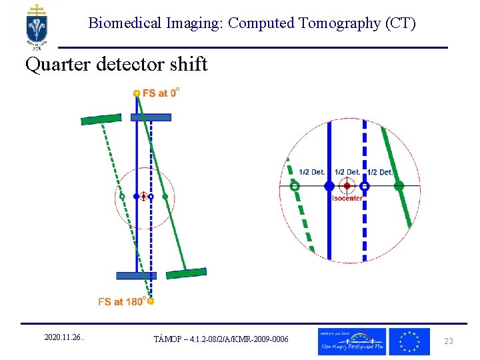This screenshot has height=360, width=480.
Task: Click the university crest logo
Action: click(37, 25)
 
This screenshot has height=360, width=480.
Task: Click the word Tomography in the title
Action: click(339, 23)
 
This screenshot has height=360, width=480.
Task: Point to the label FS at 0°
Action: click(161, 93)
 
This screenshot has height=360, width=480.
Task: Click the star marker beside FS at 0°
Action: click(137, 93)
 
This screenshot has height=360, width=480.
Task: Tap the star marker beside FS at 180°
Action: click(151, 302)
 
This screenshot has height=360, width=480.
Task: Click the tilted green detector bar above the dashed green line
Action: click(101, 119)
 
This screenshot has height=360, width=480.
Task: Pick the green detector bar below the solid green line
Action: click(186, 273)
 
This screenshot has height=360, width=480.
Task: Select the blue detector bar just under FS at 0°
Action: click(151, 117)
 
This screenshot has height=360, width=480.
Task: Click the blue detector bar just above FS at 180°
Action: click(135, 275)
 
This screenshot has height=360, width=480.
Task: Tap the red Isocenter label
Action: click(347, 198)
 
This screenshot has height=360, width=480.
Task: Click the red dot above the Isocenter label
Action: click(347, 186)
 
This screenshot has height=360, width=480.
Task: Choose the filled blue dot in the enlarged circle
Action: click(329, 187)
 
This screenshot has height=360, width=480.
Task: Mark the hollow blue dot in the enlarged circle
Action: click(365, 187)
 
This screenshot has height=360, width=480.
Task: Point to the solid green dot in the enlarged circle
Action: click(399, 187)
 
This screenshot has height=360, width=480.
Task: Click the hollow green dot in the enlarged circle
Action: click(295, 187)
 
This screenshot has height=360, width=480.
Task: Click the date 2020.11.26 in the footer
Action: click(64, 339)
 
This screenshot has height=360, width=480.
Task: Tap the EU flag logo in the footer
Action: click(409, 341)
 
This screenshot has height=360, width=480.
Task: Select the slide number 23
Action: click(449, 341)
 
